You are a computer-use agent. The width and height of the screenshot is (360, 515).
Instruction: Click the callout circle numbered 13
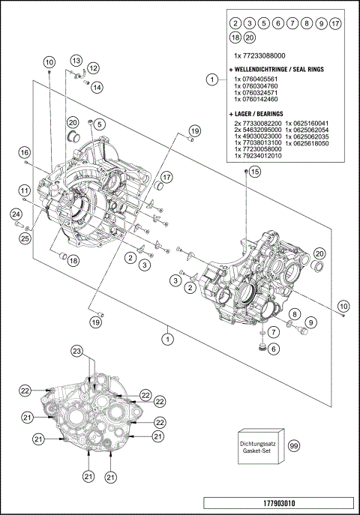pos(76,59)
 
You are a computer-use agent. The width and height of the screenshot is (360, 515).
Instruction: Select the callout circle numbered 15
pos(254,172)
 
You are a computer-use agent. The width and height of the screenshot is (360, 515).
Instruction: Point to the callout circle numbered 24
pos(15,215)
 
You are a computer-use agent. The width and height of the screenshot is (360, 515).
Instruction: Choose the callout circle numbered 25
pos(25,238)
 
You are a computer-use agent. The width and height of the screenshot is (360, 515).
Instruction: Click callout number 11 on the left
pos(25,190)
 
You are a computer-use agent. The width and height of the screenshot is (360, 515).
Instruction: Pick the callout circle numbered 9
pos(311,322)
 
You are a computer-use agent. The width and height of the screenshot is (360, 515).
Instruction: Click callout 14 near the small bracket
pos(97,87)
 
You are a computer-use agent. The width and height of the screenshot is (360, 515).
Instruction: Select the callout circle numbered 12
pos(94,69)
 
